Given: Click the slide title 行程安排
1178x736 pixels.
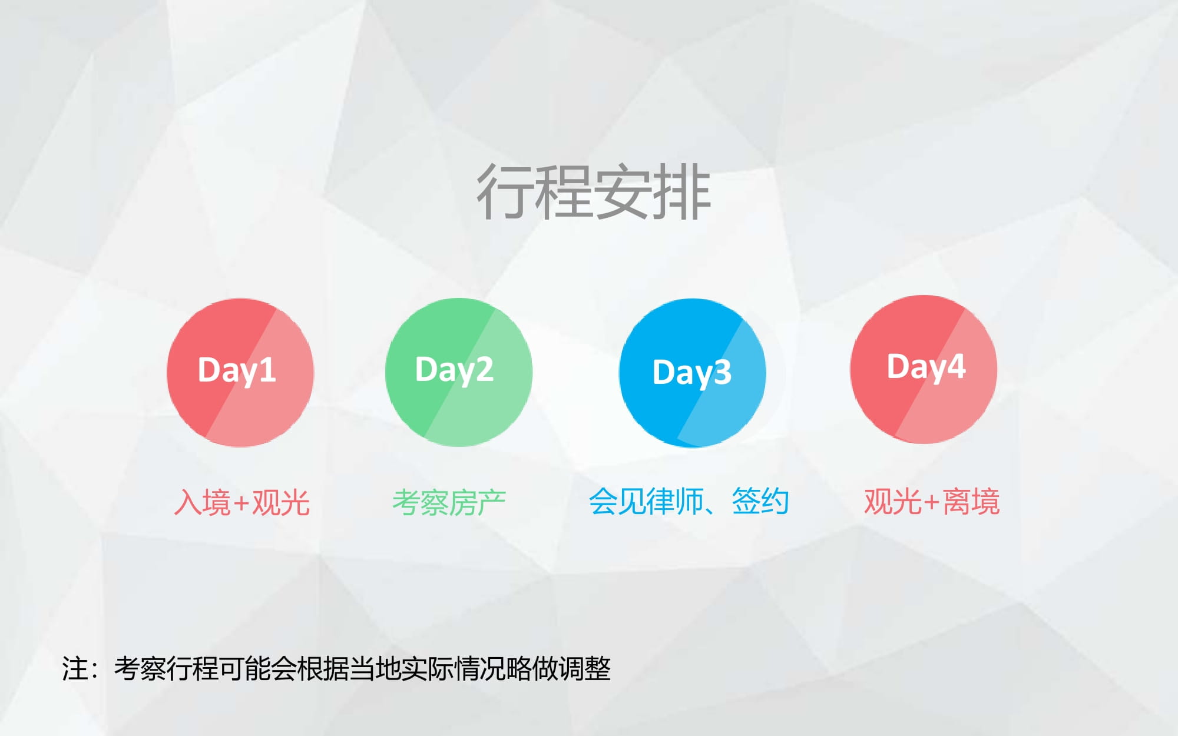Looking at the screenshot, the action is point(594,192).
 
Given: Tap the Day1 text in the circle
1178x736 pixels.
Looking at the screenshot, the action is point(237,370).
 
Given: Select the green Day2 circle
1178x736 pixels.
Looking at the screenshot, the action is point(459,372).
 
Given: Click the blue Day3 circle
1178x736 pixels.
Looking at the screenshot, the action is point(693,373).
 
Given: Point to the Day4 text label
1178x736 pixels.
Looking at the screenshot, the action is point(926,367).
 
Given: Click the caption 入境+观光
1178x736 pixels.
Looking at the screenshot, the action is point(242,503).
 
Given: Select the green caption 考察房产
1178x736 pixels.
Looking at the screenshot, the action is point(449,503).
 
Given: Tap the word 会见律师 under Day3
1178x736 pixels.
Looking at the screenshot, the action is point(646,502).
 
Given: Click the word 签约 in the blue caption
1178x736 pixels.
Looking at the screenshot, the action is point(760,502).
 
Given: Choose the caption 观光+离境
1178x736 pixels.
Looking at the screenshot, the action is point(932,502).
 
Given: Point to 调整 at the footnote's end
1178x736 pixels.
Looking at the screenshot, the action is point(585,669).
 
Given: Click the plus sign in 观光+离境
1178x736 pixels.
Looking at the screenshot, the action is point(931,503).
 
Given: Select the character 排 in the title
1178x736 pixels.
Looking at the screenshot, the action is point(683,192).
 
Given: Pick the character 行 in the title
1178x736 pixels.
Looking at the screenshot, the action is point(505,192).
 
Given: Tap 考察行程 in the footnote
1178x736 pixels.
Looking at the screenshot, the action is point(166,669).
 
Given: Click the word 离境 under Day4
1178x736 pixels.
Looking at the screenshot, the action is point(971,502).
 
